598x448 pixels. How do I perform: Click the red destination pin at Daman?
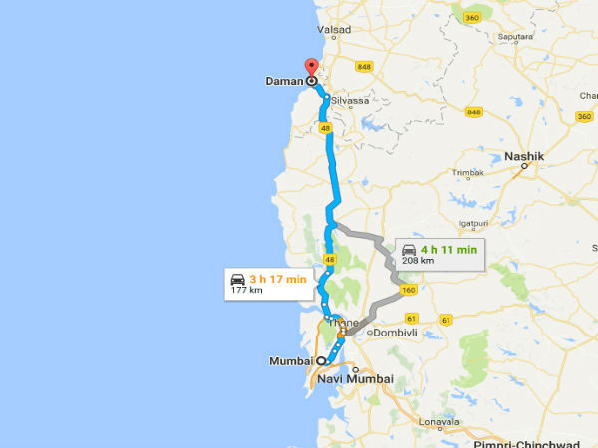(310, 67)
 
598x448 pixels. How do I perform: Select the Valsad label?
(334, 31)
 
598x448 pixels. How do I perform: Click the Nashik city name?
(523, 156)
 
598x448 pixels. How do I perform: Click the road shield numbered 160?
(409, 291)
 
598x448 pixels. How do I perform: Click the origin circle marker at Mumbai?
(321, 362)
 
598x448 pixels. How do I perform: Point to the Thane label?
(343, 323)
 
